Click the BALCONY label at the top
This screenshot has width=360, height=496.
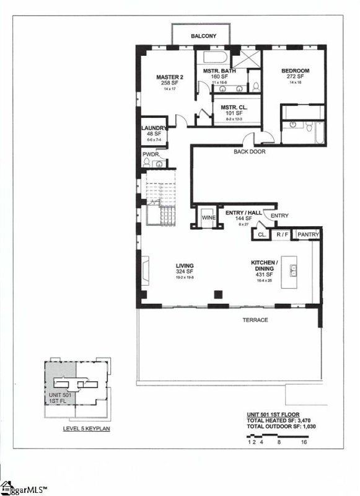coord(203,37)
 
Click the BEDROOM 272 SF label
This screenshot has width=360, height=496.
coord(295,71)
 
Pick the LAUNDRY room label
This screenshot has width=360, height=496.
coord(154,128)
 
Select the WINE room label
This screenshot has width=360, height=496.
coord(208,218)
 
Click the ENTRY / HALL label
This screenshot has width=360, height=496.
coord(239,213)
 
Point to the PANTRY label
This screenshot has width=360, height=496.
coord(308,234)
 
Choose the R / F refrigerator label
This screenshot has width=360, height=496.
coord(283,234)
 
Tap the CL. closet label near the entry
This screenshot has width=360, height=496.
coord(261,235)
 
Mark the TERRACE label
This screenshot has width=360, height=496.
coord(255,320)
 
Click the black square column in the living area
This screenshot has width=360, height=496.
coord(217,294)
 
